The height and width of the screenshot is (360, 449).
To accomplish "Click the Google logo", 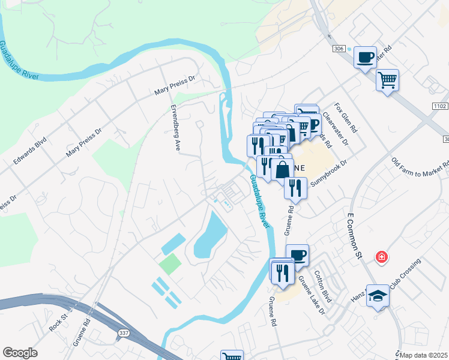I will [20, 353].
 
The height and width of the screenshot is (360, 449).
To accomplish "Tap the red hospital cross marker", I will [381, 257].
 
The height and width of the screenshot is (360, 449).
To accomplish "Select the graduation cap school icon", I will [378, 296].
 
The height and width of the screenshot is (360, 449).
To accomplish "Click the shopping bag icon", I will [282, 169].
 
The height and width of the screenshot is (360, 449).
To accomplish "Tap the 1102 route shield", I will [440, 106].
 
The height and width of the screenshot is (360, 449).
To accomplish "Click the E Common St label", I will [356, 231].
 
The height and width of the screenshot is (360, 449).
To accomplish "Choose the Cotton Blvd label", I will [327, 287].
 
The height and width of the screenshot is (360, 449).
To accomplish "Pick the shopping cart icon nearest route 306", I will [387, 79].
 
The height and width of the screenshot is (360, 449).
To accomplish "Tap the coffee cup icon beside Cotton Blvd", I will [297, 255].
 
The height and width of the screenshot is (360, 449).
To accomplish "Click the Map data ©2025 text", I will [423, 355].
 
